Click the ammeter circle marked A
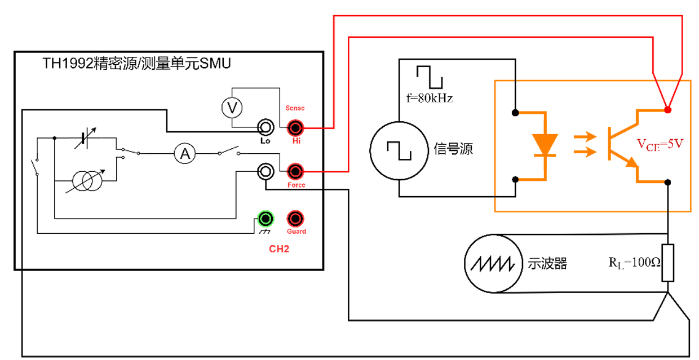click(184, 153)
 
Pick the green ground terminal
click(265, 218)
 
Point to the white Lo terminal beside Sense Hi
click(265, 127)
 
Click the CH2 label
click(278, 249)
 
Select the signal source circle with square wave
click(399, 149)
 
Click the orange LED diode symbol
click(545, 145)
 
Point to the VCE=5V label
click(660, 144)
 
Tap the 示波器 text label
click(547, 263)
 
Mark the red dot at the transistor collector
click(668, 109)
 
